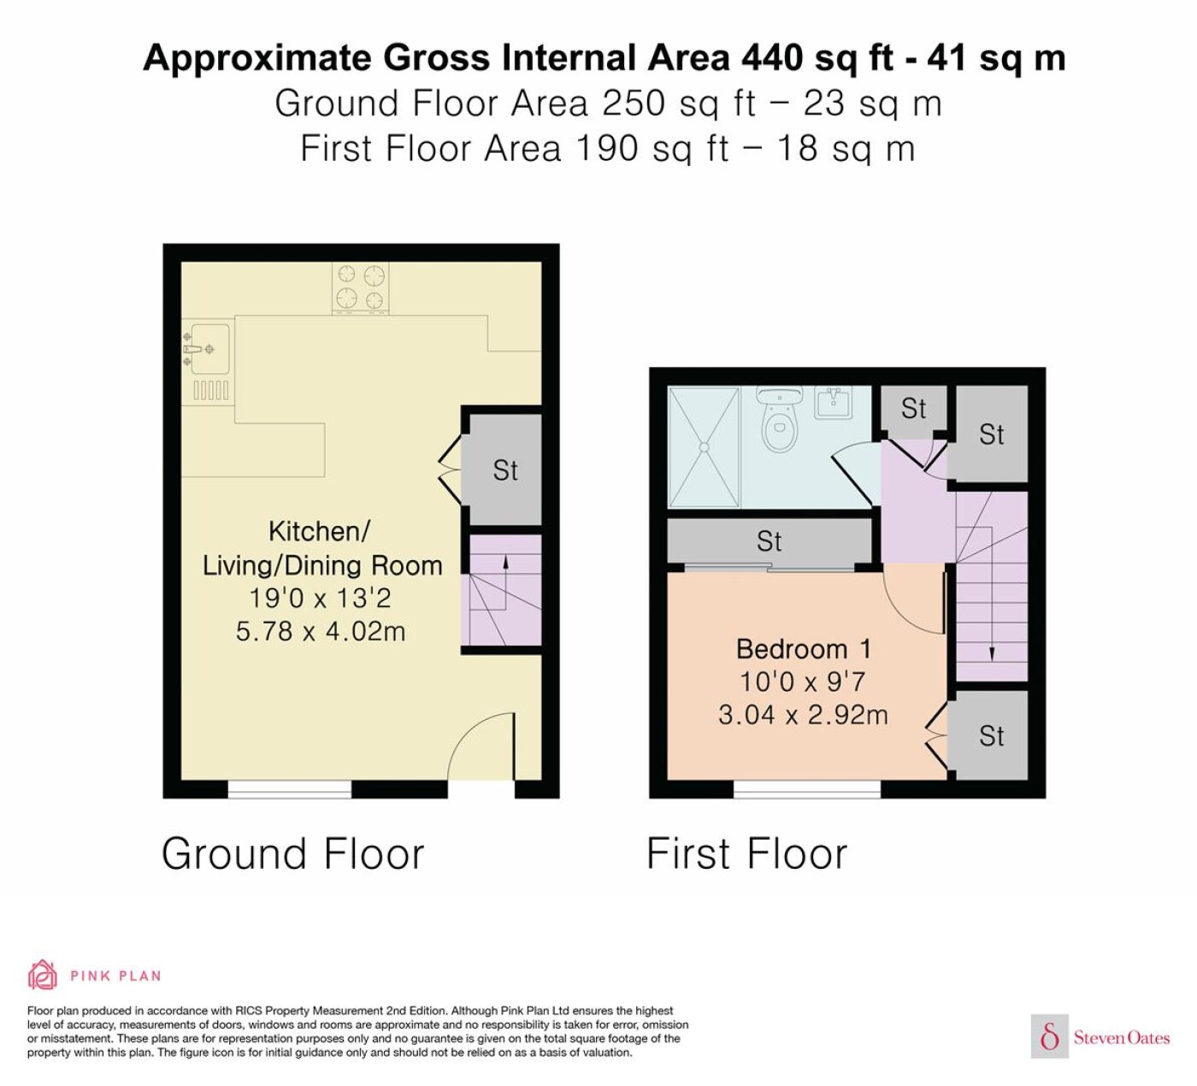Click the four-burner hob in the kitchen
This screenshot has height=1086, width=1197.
pyautogui.click(x=361, y=288)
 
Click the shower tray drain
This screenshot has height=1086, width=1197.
pyautogui.click(x=705, y=447)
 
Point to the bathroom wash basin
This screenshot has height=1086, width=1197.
pyautogui.click(x=834, y=403)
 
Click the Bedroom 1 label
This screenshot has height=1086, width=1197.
pyautogui.click(x=803, y=650)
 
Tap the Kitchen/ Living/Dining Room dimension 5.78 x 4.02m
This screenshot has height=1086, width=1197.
pyautogui.click(x=321, y=632)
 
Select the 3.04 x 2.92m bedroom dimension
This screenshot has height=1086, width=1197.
pyautogui.click(x=803, y=715)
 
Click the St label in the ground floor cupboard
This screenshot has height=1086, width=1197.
pyautogui.click(x=504, y=471)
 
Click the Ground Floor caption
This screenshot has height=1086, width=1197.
pyautogui.click(x=292, y=853)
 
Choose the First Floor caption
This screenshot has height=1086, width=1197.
pyautogui.click(x=746, y=853)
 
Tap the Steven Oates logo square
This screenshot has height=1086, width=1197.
pyautogui.click(x=1050, y=1037)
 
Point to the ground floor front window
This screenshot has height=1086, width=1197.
pyautogui.click(x=289, y=789)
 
